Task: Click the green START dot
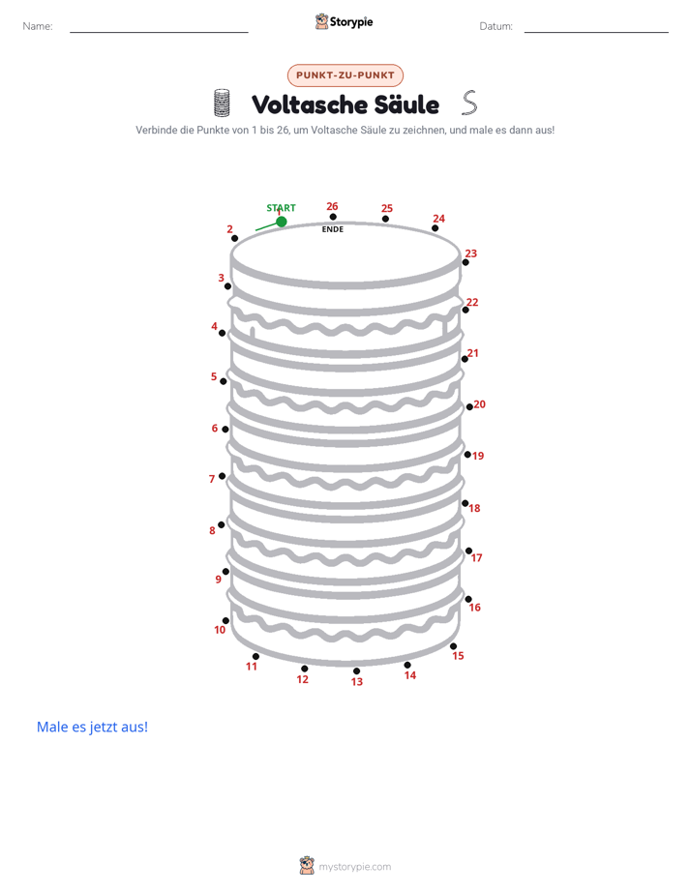(281, 222)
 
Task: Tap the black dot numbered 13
(356, 671)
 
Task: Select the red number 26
(332, 206)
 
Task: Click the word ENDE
(332, 229)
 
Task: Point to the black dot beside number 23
(466, 262)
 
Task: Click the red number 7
(212, 479)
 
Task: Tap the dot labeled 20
(469, 407)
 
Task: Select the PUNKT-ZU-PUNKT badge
(345, 75)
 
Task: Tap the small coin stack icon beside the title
(222, 103)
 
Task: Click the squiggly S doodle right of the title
(469, 103)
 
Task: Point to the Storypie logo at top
(345, 22)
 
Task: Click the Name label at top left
(38, 26)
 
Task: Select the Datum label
(496, 26)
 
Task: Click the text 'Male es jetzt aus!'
(92, 727)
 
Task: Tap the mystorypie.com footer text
(354, 867)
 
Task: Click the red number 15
(458, 656)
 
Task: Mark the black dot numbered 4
(223, 333)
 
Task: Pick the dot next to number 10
(225, 621)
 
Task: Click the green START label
(281, 207)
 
